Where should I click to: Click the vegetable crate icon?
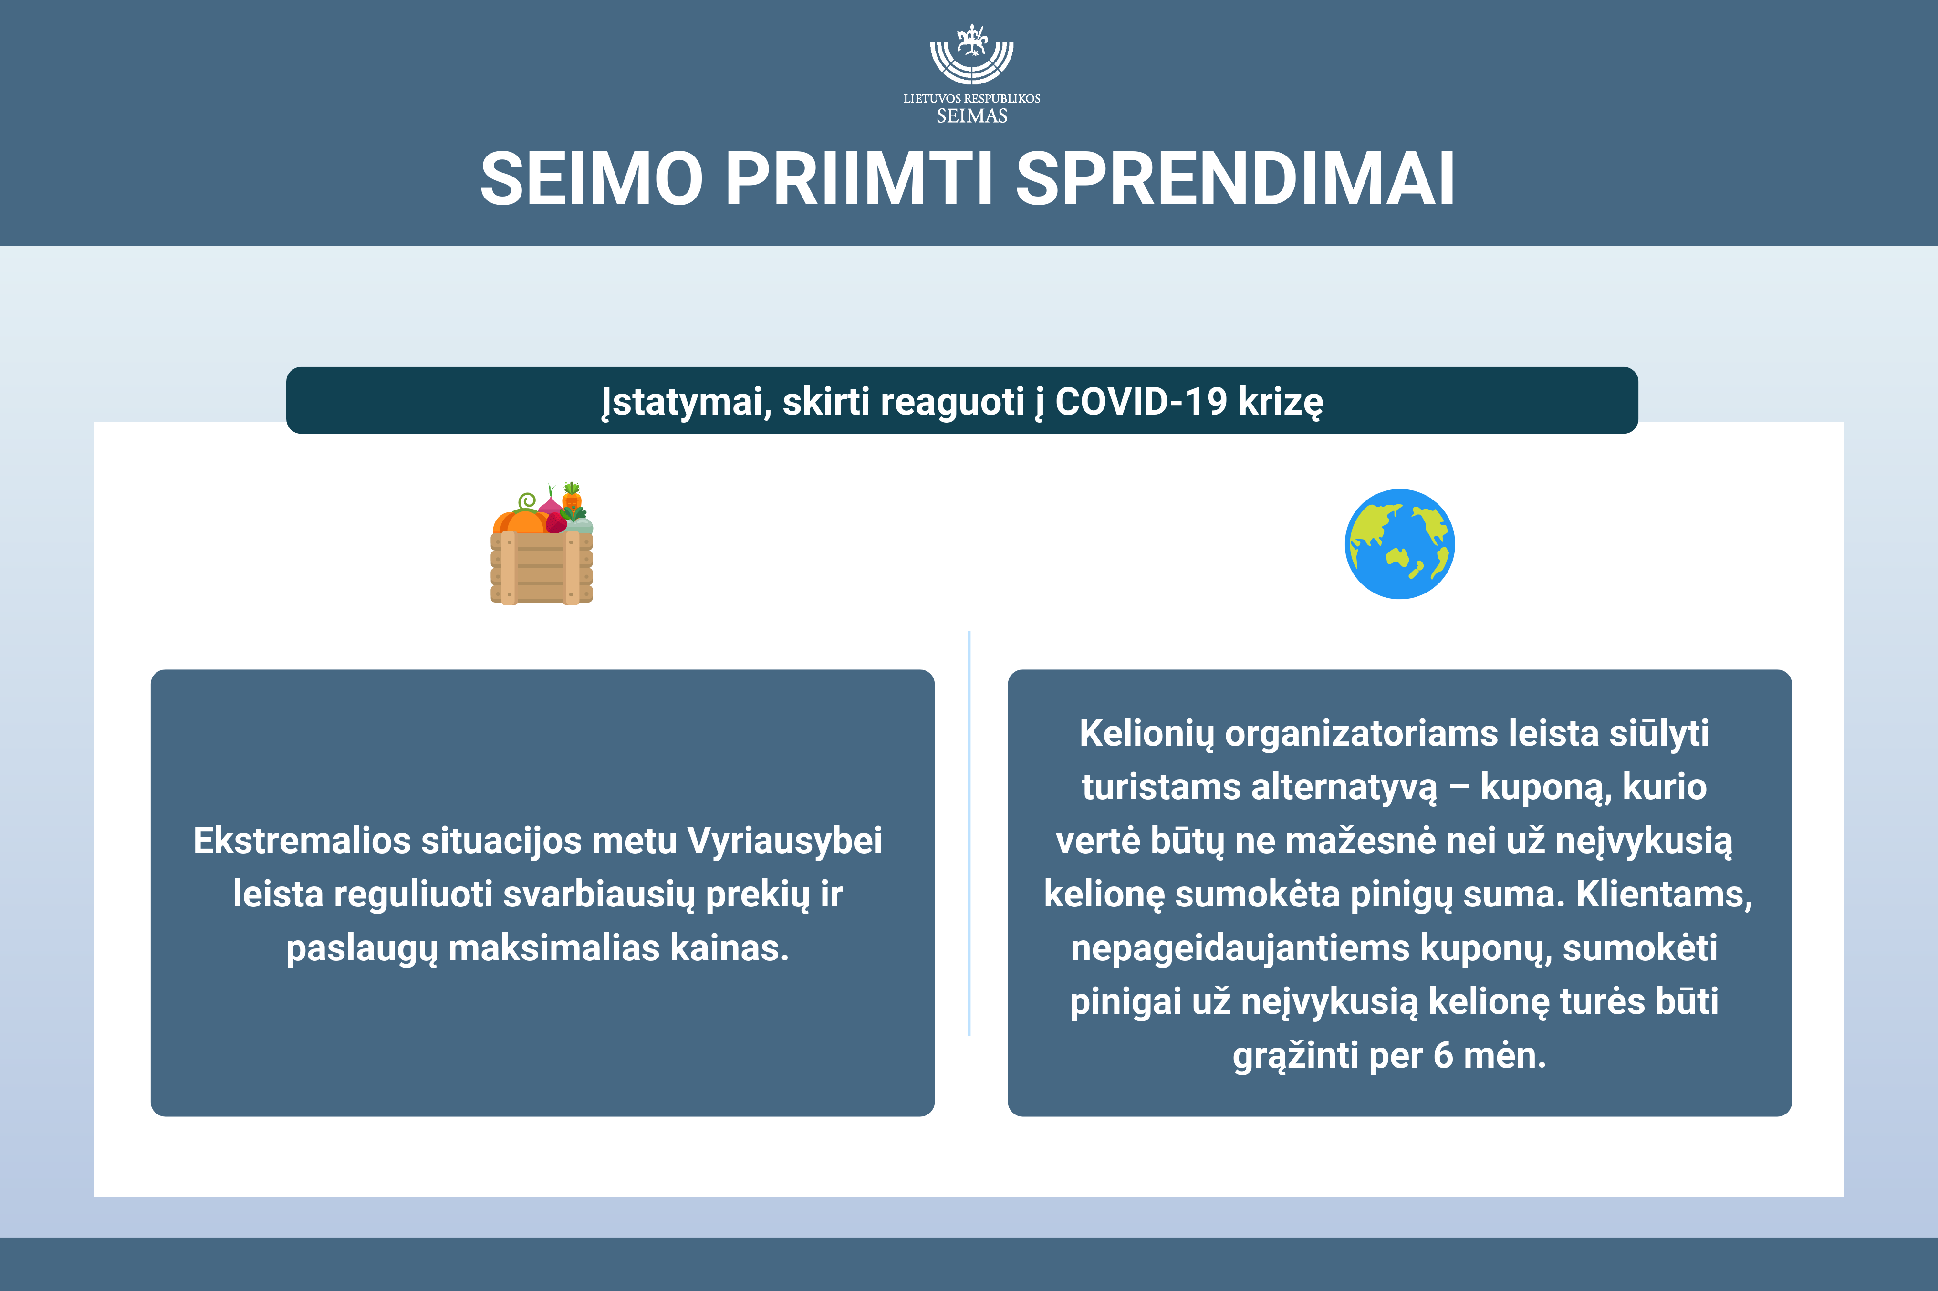point(542,543)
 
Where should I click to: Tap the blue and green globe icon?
point(1399,544)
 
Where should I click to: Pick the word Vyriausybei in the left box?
point(784,841)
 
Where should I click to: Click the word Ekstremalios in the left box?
point(302,841)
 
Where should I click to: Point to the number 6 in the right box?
point(1443,1055)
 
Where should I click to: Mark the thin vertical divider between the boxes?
point(969,833)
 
